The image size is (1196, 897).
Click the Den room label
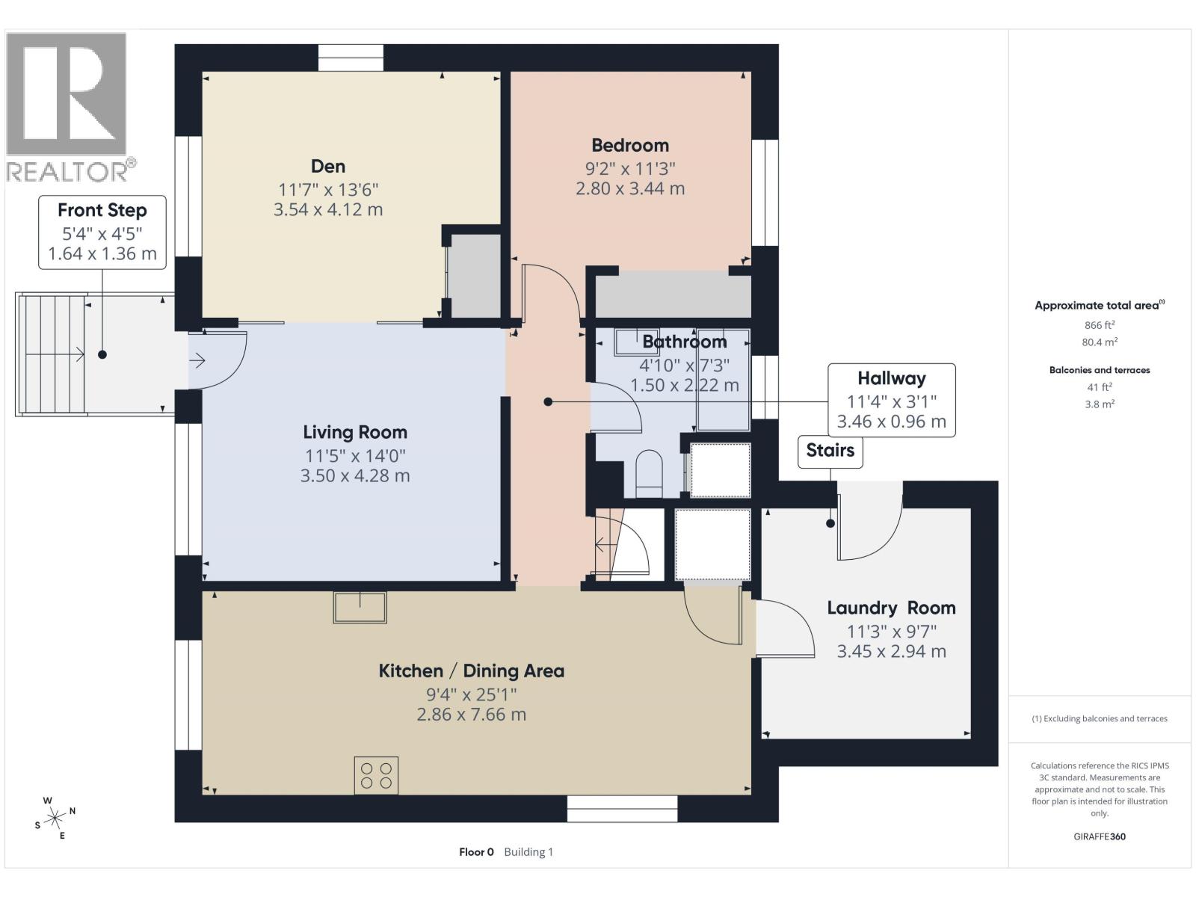tap(328, 166)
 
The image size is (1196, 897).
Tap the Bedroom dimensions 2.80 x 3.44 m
tap(630, 188)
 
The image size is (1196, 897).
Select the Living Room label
tap(355, 432)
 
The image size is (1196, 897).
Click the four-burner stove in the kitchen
tap(376, 775)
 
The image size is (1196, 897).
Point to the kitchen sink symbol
tap(360, 607)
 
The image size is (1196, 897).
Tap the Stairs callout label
tap(830, 451)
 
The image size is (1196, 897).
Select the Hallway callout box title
tap(891, 378)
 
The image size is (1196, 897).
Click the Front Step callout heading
tap(102, 210)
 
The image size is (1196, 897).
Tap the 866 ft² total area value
tap(1100, 325)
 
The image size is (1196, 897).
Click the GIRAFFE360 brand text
tap(1100, 836)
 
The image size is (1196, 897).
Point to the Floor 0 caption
tap(476, 851)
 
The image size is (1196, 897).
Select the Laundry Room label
tap(891, 608)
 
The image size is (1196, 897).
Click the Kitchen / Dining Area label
tap(471, 671)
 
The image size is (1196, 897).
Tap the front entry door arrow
tap(197, 362)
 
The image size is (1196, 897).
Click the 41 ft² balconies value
tap(1100, 386)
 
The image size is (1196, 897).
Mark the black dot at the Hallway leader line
tap(548, 402)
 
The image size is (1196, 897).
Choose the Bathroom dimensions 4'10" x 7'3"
tap(684, 365)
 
